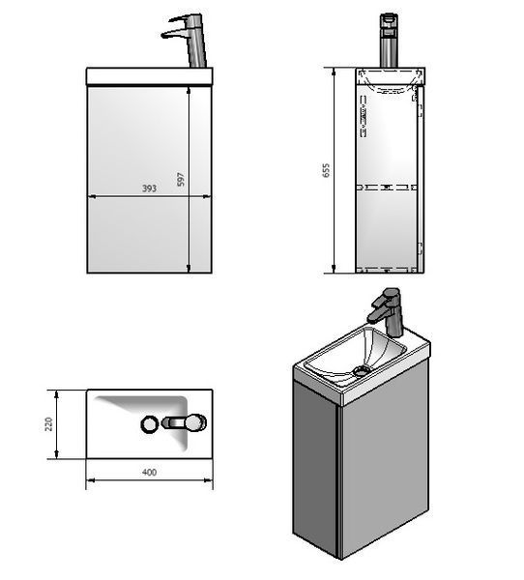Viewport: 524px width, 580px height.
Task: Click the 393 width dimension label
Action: (x=149, y=188)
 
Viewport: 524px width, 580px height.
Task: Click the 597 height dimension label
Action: (x=180, y=179)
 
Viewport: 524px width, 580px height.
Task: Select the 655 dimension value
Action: (x=326, y=170)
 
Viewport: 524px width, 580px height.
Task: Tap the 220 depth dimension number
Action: (x=48, y=424)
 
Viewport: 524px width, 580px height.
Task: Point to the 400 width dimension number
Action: (x=149, y=472)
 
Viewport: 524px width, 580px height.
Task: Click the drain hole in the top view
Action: (x=150, y=424)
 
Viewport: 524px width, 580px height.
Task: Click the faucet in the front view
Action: (x=185, y=40)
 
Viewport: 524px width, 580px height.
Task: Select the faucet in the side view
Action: (x=389, y=41)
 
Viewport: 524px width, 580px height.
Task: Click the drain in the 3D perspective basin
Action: (x=361, y=370)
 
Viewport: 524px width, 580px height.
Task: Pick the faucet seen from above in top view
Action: (x=185, y=422)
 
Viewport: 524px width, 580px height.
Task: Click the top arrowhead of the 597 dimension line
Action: (x=189, y=91)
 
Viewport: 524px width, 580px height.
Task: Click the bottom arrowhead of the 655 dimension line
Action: (x=334, y=270)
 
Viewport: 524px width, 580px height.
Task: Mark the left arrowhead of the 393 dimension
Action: (x=92, y=197)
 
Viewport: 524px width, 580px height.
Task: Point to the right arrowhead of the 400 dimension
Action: (x=208, y=480)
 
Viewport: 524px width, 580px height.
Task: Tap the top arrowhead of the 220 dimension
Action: (x=56, y=393)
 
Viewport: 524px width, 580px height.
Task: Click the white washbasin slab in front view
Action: (x=150, y=76)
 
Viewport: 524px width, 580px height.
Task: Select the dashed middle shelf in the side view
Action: (x=387, y=188)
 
